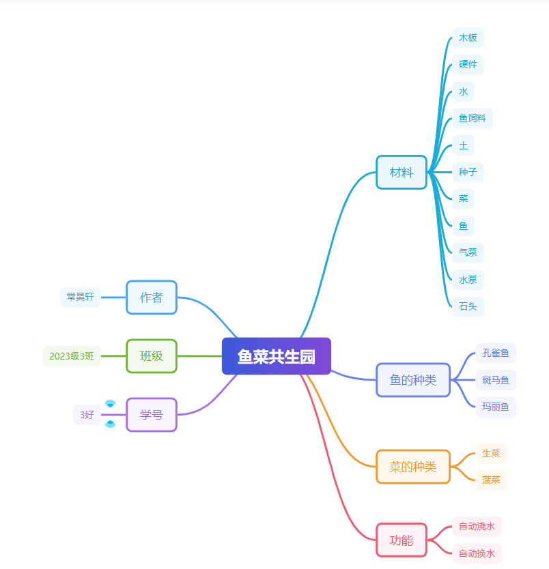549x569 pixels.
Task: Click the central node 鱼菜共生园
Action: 276,356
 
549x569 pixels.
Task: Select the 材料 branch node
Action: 401,173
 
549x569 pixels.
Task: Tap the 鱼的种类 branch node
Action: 412,380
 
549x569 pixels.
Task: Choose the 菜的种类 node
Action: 412,467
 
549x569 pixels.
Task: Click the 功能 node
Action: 401,540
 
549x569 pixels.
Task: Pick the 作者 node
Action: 151,297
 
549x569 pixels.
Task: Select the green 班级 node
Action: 151,356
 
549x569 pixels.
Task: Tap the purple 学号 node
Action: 151,415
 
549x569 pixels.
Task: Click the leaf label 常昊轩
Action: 81,297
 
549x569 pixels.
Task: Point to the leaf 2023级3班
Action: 72,356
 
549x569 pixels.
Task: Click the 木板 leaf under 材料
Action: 468,38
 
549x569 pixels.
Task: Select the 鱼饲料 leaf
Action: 472,119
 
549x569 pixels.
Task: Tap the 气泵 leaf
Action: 468,252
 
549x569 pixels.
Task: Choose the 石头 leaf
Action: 468,306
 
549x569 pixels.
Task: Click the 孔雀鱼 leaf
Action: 495,353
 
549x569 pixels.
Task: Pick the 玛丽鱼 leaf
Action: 495,407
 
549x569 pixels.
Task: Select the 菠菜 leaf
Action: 491,480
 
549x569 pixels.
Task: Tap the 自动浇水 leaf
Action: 477,527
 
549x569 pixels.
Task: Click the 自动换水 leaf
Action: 477,553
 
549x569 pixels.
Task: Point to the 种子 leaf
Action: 468,173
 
